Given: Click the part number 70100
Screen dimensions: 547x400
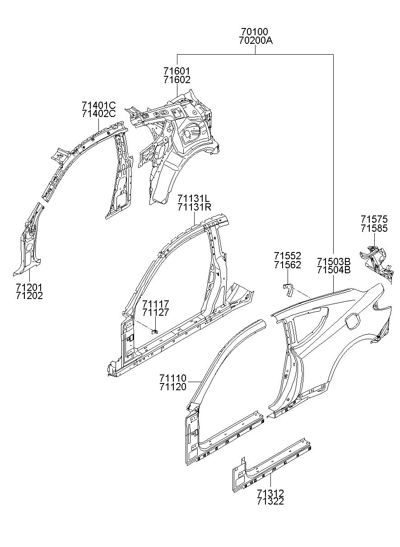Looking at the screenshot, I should tap(255, 32).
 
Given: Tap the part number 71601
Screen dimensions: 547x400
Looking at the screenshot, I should tap(177, 71).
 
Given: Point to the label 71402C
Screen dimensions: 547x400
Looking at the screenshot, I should tap(99, 114).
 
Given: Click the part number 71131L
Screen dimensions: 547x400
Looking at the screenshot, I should tap(194, 199).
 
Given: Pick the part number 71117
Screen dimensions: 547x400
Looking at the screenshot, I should tap(155, 304).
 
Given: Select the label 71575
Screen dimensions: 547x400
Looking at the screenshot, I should tap(374, 220).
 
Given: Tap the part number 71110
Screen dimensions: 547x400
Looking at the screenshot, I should tap(172, 378).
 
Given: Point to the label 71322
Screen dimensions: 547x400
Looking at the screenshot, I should tap(270, 501).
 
